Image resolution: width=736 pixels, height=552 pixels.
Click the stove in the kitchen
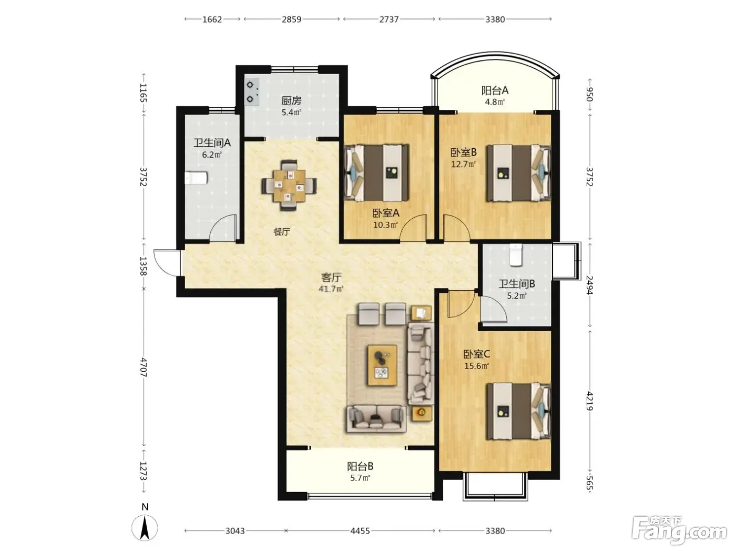tap(252, 92)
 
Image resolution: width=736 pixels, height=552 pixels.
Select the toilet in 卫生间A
tap(196, 178)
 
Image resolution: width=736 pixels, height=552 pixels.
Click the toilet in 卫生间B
tap(516, 255)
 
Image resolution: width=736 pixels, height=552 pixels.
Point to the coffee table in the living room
tap(382, 365)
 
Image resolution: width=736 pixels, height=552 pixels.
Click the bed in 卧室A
tap(377, 173)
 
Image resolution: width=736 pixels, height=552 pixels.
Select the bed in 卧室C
tap(519, 411)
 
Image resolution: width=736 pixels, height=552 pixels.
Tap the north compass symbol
tap(145, 527)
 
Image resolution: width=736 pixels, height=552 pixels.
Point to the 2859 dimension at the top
tap(291, 19)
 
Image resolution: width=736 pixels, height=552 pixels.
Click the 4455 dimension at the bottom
tap(360, 530)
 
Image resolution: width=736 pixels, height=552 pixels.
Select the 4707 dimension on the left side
tap(144, 367)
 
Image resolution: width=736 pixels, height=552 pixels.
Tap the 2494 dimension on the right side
tap(589, 285)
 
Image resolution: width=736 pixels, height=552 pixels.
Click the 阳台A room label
tap(495, 90)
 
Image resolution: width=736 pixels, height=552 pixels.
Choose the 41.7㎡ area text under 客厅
tap(331, 289)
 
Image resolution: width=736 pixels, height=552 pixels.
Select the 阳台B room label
tap(360, 466)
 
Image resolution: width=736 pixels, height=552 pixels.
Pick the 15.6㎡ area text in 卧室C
tap(476, 366)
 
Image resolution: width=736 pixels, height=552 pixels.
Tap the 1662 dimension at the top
tap(212, 19)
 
